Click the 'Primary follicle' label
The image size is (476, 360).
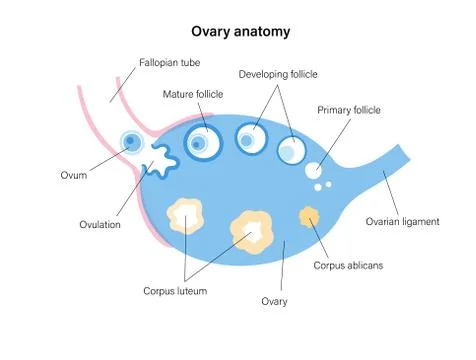(x=349, y=109)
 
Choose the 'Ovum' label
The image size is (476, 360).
(x=72, y=176)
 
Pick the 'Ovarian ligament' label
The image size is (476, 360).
(x=402, y=221)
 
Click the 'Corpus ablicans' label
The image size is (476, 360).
(x=346, y=265)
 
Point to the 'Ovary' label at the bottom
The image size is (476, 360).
(x=274, y=300)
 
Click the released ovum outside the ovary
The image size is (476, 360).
(x=131, y=143)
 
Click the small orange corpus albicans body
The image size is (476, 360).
(x=310, y=216)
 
